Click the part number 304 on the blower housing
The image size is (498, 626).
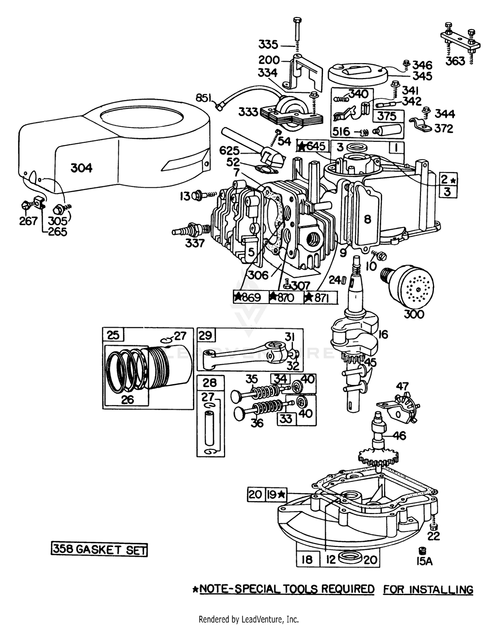tap(81, 168)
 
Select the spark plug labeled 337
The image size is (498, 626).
tap(191, 230)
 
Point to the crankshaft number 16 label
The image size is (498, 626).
tap(383, 334)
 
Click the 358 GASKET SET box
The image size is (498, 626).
tap(99, 549)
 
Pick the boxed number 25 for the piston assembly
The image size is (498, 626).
tap(113, 335)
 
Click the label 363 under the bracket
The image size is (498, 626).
tap(455, 61)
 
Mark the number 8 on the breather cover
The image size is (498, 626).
tap(367, 219)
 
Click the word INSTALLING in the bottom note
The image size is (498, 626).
tap(441, 590)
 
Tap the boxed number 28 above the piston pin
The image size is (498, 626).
tap(210, 383)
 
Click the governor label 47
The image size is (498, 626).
tap(402, 386)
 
